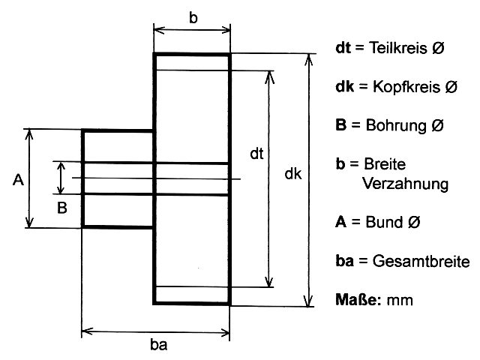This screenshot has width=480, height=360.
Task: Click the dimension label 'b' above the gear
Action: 193,18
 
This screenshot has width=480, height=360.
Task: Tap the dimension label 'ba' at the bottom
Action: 158,345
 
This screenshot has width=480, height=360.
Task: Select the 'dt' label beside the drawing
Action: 256,154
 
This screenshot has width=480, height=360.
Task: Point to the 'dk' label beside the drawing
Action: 293,174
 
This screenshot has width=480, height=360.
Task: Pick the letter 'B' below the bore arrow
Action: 63,206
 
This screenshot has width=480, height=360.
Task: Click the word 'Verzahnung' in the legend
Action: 405,183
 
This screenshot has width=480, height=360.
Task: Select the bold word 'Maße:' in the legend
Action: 359,300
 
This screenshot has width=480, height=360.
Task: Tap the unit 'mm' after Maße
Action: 401,301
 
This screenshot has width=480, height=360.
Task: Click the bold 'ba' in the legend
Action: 344,262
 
